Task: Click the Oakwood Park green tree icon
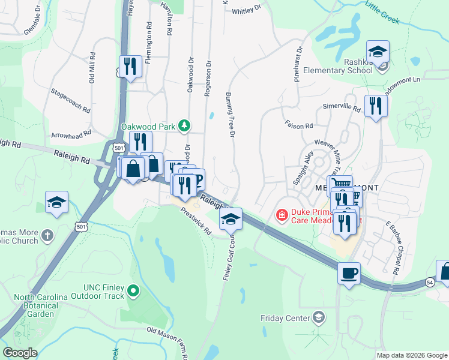point(186,126)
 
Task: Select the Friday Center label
point(284,317)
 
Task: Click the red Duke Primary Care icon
point(280,214)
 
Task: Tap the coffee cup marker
point(349,274)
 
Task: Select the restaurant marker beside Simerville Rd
point(376,106)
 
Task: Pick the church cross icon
point(47,234)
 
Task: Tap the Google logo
point(20,353)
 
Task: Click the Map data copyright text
point(411,355)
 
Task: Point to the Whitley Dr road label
point(246,9)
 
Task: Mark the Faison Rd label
point(301,126)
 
